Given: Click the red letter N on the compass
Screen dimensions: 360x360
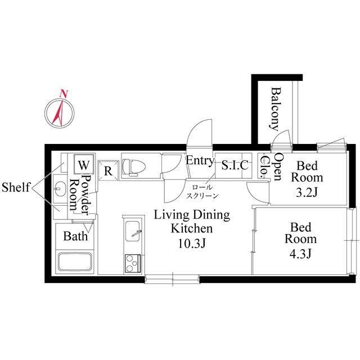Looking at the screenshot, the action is click(64, 94).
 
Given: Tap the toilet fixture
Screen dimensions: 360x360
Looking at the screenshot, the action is click(134, 167).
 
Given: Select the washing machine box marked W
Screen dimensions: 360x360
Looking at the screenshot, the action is click(84, 164).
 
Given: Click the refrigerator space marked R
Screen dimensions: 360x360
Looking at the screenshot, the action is click(108, 170).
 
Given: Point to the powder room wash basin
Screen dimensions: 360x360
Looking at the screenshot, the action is click(59, 189).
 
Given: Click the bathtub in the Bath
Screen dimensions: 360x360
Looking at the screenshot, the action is click(75, 262).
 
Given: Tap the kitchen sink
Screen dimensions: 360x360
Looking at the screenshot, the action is click(133, 231).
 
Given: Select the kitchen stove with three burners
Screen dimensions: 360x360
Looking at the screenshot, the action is click(133, 264).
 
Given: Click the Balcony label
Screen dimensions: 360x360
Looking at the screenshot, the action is click(275, 109).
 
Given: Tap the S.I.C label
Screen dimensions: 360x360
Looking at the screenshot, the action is click(235, 165).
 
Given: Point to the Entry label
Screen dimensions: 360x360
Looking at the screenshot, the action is click(200, 161).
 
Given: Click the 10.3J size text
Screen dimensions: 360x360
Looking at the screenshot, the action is click(192, 244).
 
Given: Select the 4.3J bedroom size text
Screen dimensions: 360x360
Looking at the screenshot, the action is click(300, 254).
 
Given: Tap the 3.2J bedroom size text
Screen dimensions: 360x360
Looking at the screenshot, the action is click(307, 192).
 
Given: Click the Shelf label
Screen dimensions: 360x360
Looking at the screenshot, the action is click(16, 187).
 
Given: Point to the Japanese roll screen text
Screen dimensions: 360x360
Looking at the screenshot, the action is click(202, 191).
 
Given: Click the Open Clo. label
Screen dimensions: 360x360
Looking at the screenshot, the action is click(272, 166).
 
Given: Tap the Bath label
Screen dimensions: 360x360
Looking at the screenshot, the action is click(75, 236).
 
